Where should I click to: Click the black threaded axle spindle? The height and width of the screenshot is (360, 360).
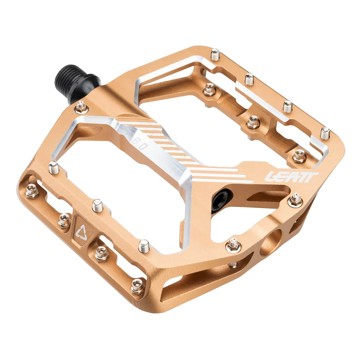[77, 82]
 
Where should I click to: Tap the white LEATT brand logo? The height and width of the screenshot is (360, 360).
[291, 176]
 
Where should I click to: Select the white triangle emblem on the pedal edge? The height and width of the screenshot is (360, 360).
[81, 232]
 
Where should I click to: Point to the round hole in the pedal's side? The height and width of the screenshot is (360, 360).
[271, 242]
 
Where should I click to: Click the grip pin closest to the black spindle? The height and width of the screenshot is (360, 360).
[81, 107]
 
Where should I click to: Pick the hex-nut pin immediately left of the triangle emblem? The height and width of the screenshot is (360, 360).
[64, 220]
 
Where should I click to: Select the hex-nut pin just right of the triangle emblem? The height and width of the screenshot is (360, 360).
[101, 254]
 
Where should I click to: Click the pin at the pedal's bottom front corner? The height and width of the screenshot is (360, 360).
[138, 286]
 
